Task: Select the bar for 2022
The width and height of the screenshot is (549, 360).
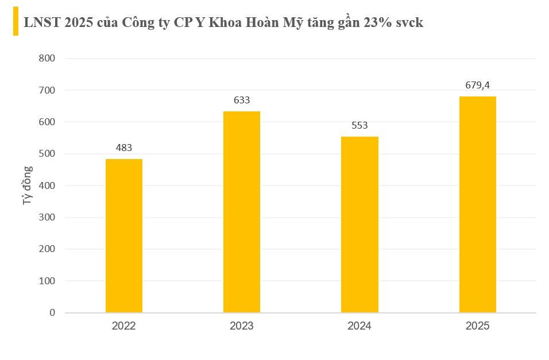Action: [x=124, y=235]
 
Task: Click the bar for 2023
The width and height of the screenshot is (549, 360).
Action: [x=242, y=212]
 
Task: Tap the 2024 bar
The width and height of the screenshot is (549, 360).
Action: [x=359, y=224]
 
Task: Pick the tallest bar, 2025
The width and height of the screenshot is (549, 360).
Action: [x=478, y=204]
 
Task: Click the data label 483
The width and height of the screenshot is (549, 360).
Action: [x=124, y=148]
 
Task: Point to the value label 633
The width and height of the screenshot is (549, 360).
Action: [x=242, y=100]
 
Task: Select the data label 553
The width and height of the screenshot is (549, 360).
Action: [x=359, y=125]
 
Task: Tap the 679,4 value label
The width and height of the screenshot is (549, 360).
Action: [x=478, y=85]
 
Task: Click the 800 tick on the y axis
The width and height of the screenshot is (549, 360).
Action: [x=47, y=58]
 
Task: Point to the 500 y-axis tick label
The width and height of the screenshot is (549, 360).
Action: [x=47, y=154]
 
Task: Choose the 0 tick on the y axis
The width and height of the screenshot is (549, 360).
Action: [x=52, y=312]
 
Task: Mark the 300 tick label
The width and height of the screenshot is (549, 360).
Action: [x=47, y=217]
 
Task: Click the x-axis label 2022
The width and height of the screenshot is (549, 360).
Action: [x=124, y=326]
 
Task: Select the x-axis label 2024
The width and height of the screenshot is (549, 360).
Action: [x=359, y=326]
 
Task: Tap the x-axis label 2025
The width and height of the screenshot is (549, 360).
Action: [x=478, y=326]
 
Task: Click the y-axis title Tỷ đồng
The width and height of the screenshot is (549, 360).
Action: [x=28, y=185]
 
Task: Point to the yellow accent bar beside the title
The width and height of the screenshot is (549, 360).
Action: [x=16, y=22]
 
